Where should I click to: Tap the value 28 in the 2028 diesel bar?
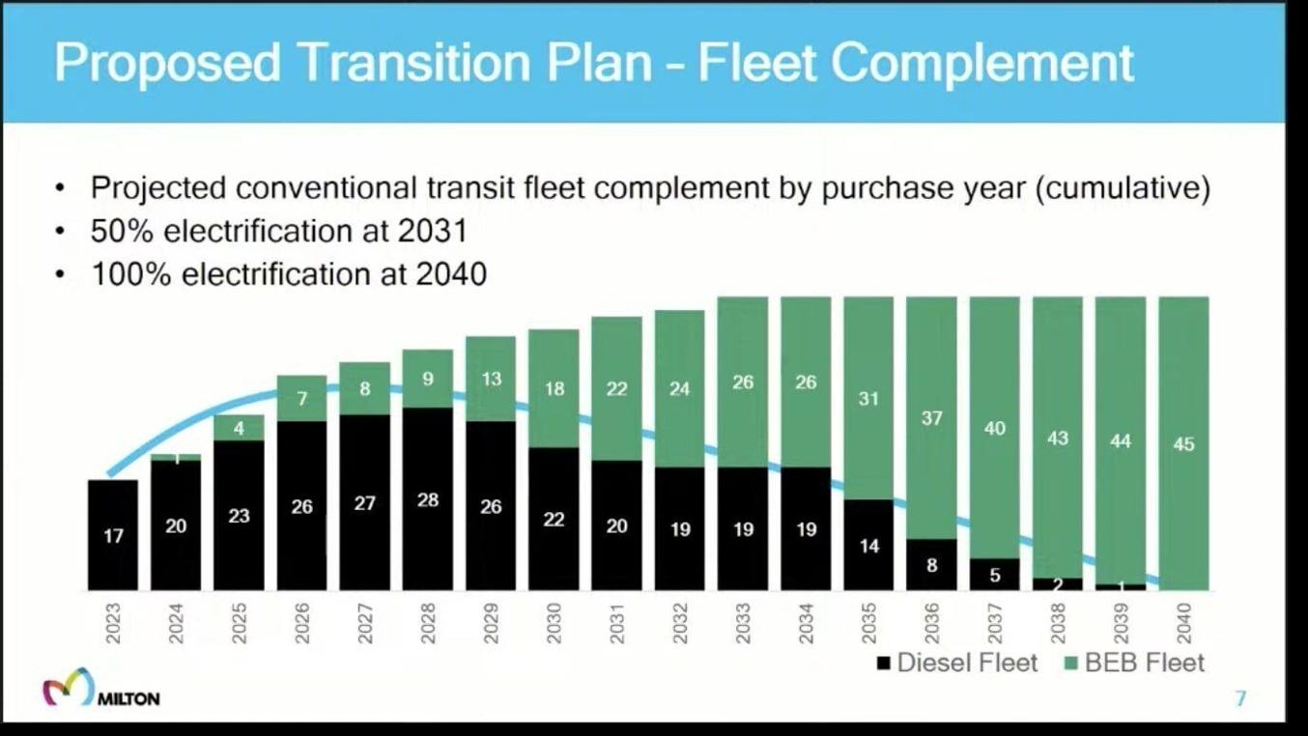[428, 500]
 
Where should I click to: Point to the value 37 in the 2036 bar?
[931, 418]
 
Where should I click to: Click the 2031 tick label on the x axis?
[617, 623]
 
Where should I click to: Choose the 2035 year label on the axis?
[868, 623]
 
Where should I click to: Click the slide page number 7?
[1241, 698]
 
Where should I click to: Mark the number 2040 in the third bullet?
[451, 275]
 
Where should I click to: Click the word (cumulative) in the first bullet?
[1122, 188]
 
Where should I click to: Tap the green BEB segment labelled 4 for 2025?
[240, 428]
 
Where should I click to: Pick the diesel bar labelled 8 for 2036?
[931, 565]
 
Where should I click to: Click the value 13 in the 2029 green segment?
[491, 379]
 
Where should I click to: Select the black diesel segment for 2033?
[743, 529]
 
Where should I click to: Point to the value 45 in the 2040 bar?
[1183, 444]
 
